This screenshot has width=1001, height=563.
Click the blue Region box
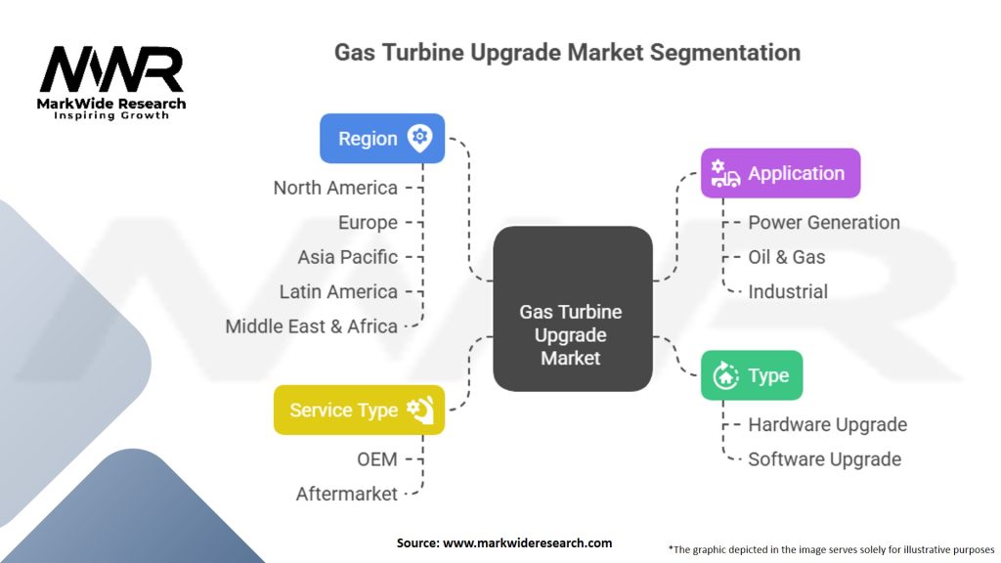tap(382, 138)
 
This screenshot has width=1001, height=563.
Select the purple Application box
tap(780, 173)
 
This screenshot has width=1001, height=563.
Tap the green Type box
tap(752, 375)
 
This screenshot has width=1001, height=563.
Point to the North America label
tap(335, 188)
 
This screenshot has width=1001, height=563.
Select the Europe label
tap(368, 222)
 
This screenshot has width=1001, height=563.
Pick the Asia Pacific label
tap(348, 257)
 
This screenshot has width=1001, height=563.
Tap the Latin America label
tap(338, 291)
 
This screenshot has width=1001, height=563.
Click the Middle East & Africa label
tap(311, 326)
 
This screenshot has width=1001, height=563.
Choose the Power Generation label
tap(824, 222)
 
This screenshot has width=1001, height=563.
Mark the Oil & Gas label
tap(787, 257)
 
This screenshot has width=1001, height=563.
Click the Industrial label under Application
tap(788, 291)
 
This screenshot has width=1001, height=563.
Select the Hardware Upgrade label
tap(827, 424)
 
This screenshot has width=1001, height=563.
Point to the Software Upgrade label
tap(824, 458)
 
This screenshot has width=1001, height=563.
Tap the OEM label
tap(376, 458)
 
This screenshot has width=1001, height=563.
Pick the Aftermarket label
tap(347, 494)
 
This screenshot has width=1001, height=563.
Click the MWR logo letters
tap(110, 70)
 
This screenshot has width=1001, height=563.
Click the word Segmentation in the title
tap(729, 52)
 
